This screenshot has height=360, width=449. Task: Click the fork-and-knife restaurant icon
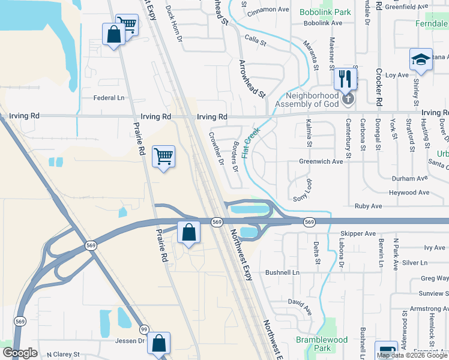click(x=345, y=78)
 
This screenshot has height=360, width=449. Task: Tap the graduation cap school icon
click(x=421, y=60)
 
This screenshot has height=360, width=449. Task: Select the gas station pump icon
click(x=386, y=352)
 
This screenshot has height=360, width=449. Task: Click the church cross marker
click(x=348, y=98)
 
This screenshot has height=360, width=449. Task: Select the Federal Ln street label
click(x=108, y=98)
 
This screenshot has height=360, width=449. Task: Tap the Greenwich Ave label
click(x=321, y=161)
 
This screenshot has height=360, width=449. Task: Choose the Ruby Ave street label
click(x=368, y=206)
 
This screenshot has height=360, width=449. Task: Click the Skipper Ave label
click(x=358, y=233)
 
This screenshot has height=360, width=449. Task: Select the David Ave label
click(x=300, y=308)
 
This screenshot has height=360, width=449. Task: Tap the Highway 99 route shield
click(x=144, y=329)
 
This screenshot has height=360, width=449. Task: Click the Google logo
click(x=20, y=353)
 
